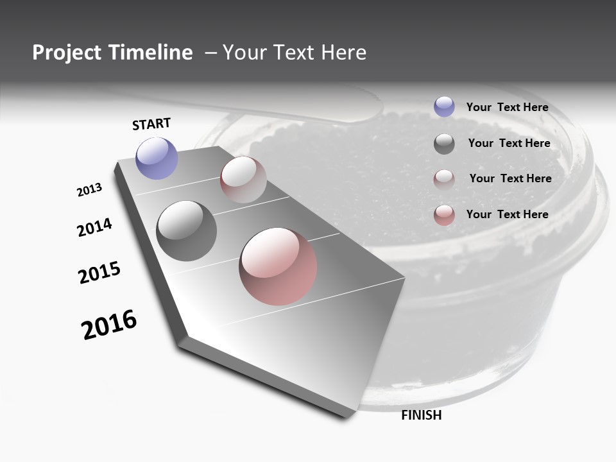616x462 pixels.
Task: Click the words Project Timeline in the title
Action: click(x=112, y=53)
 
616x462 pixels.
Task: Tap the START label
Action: click(x=151, y=124)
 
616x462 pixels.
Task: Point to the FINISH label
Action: click(x=421, y=415)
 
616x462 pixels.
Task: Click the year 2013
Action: click(x=89, y=190)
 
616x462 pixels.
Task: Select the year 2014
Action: click(x=95, y=227)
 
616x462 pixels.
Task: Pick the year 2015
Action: click(x=99, y=273)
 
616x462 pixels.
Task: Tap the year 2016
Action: click(x=109, y=325)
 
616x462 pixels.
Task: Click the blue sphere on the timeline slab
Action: click(x=157, y=158)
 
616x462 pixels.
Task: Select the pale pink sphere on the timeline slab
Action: click(x=243, y=180)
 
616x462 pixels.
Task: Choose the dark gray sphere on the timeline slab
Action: click(x=187, y=231)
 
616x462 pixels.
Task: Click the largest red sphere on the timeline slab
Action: click(x=278, y=266)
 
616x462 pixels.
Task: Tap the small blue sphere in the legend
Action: click(x=444, y=107)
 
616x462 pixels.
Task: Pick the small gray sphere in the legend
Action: click(x=444, y=144)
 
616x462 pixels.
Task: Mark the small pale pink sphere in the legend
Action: click(x=444, y=179)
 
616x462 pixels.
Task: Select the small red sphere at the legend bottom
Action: click(x=444, y=215)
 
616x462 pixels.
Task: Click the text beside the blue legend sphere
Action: click(x=507, y=107)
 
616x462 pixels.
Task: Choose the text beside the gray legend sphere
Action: click(x=509, y=143)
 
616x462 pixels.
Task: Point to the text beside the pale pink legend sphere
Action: click(x=510, y=178)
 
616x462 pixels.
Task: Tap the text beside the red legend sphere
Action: click(x=507, y=214)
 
